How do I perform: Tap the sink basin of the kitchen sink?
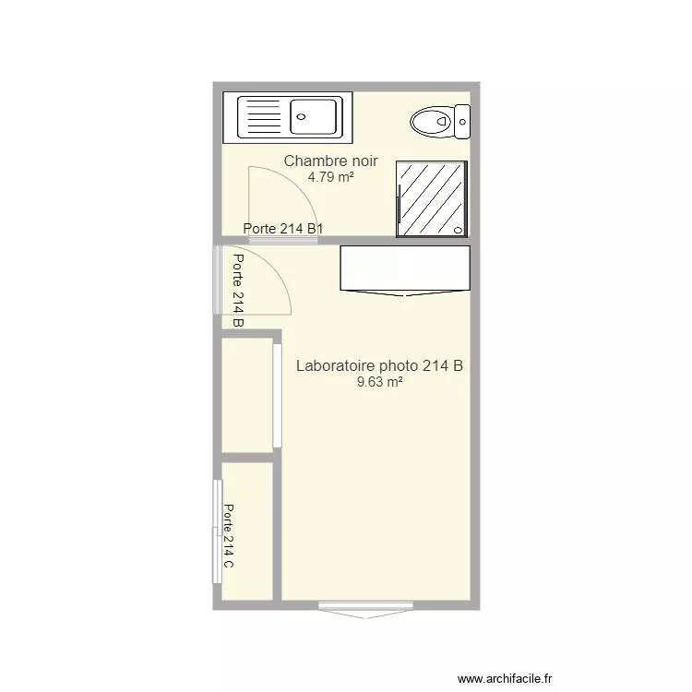tap(315, 117)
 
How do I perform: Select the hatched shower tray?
tap(431, 197)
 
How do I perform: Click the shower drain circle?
tap(459, 228)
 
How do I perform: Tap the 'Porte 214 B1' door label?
tap(282, 229)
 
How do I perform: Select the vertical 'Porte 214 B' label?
tap(238, 291)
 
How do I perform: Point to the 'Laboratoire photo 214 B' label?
tap(379, 366)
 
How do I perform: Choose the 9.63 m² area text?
tap(379, 382)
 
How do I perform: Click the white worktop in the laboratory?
tap(405, 268)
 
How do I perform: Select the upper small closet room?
tap(246, 395)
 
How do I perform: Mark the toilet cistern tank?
tap(462, 121)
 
